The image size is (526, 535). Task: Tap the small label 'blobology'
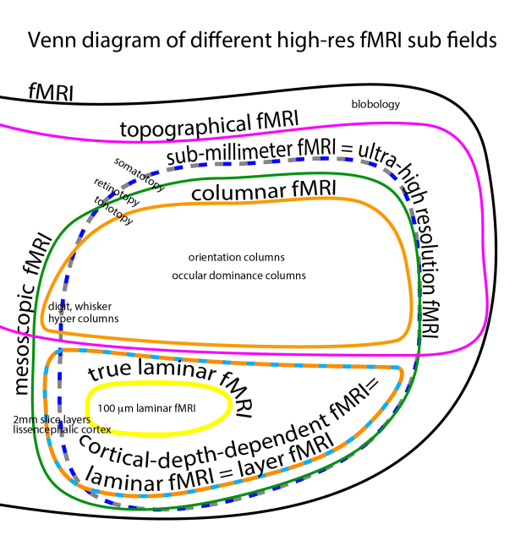pos(375,105)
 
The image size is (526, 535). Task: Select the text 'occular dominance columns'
pos(238,276)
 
